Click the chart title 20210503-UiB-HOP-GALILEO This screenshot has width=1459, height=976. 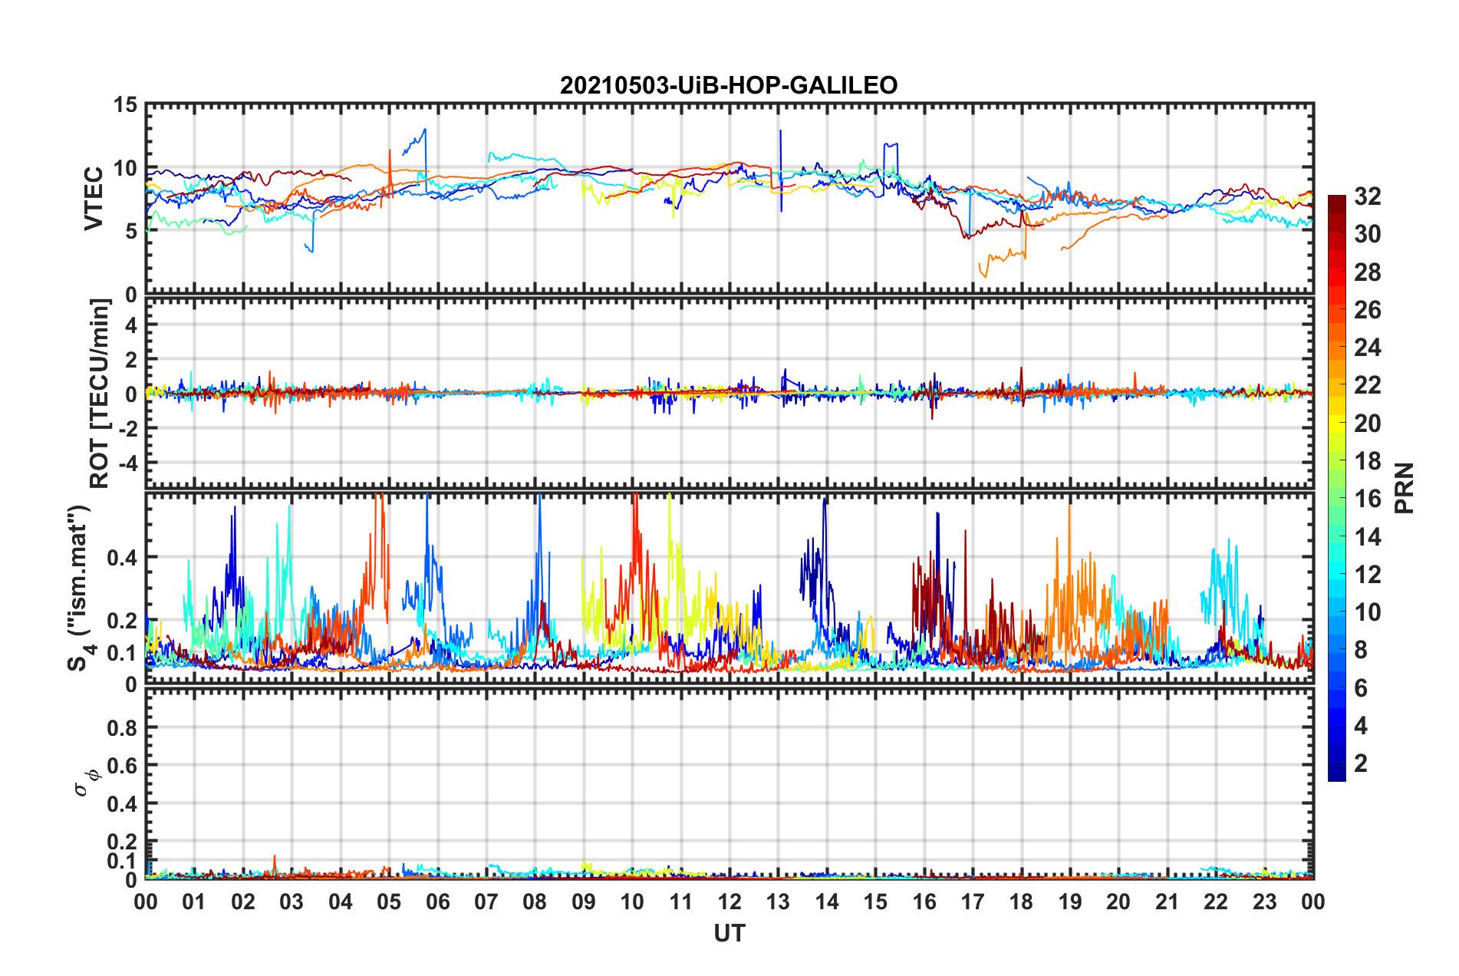[x=729, y=85]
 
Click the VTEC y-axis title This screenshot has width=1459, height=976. [x=94, y=198]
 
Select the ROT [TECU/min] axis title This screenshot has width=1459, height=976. [x=100, y=394]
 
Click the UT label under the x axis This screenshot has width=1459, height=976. [x=729, y=933]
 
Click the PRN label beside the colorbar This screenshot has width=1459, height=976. [x=1404, y=488]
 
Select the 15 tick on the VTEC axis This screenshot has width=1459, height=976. [x=126, y=105]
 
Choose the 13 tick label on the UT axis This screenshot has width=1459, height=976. [x=778, y=902]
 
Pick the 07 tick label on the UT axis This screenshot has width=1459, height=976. [x=486, y=902]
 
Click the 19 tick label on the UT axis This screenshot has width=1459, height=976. [x=1069, y=902]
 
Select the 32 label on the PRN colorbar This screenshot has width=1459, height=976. [x=1367, y=196]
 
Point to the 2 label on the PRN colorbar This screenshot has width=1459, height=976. [x=1361, y=763]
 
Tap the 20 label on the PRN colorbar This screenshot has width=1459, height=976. [x=1367, y=424]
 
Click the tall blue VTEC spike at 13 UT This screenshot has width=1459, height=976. [x=780, y=132]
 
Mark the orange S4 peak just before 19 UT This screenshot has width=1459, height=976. [x=1069, y=506]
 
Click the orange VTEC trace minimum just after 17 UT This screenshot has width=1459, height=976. [x=986, y=275]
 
